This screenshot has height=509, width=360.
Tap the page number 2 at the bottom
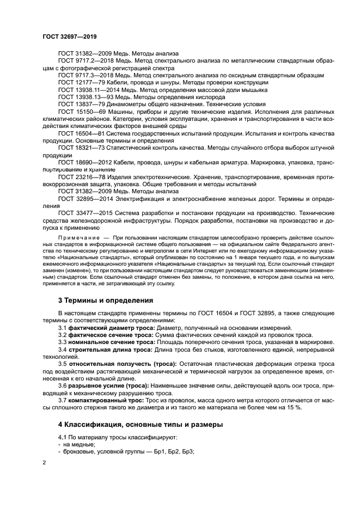[44, 462]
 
